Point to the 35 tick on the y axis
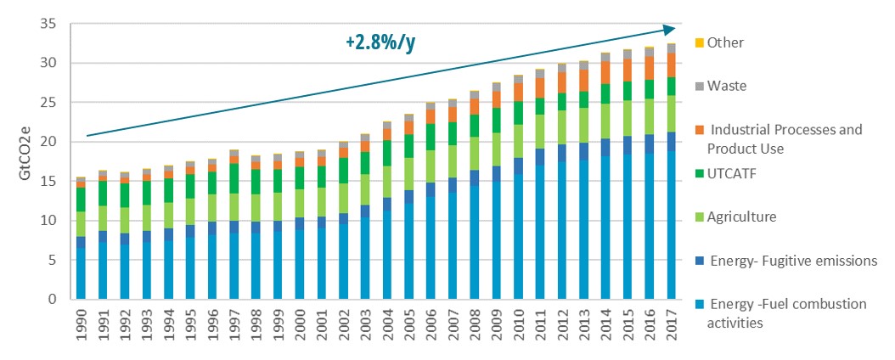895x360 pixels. point(48,24)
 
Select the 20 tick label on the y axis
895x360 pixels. point(48,142)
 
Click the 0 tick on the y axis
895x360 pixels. point(52,299)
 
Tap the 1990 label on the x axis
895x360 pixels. point(81,326)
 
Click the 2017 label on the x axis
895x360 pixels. point(672,326)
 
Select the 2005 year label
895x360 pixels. point(409,326)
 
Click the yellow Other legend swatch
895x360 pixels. point(699,42)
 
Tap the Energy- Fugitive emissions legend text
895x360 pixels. point(794,261)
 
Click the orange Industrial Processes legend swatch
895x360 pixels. point(699,130)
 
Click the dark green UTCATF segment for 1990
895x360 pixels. point(81,200)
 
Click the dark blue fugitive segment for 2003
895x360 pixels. point(365,211)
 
